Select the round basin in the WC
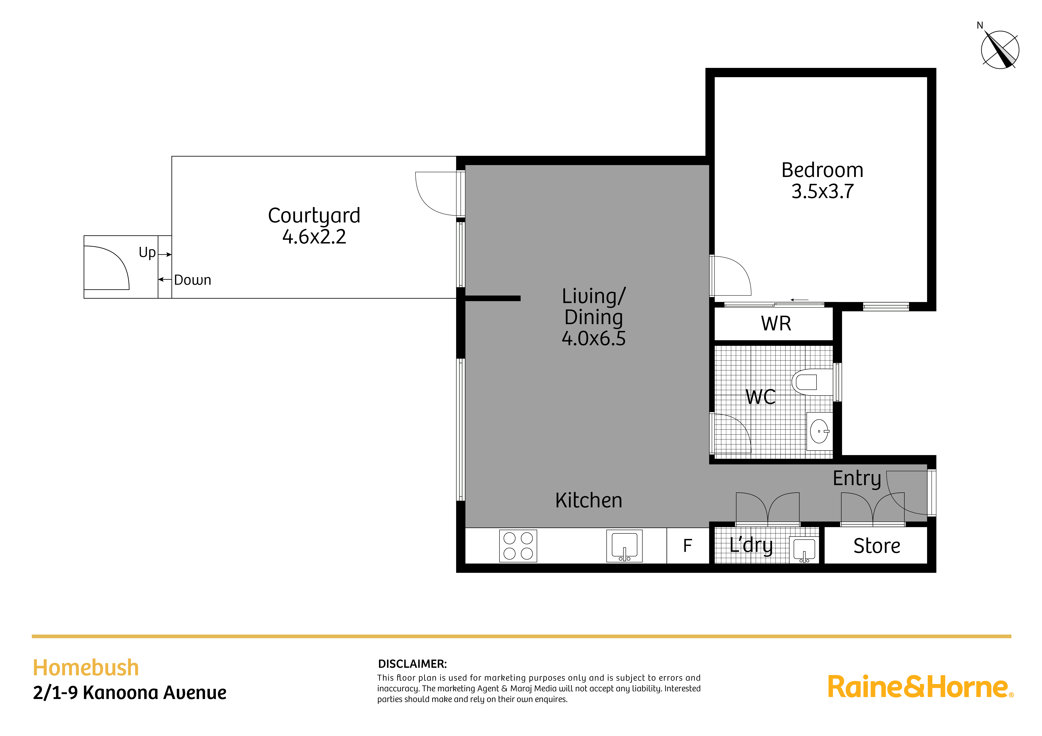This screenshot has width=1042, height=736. (819, 431)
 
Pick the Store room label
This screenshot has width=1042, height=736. (876, 546)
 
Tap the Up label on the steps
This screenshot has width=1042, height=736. (147, 253)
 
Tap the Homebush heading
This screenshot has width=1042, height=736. (86, 668)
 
